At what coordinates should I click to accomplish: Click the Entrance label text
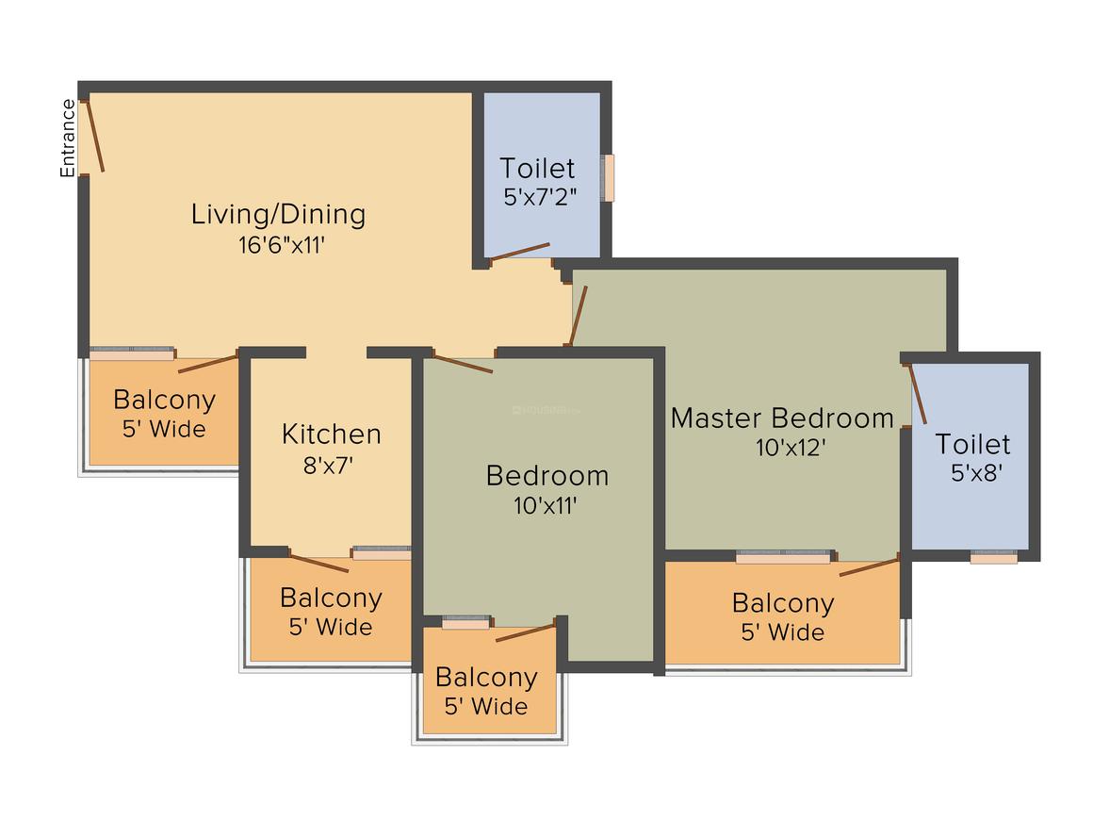[68, 139]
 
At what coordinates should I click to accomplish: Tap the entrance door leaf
[95, 136]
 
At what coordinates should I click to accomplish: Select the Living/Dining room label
[278, 214]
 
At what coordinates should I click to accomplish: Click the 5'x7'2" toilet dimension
[540, 197]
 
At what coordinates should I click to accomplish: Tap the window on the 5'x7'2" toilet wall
[609, 177]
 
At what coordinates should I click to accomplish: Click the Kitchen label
[332, 435]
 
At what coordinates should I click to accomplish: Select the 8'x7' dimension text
[331, 464]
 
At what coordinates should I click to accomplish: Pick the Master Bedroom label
[782, 418]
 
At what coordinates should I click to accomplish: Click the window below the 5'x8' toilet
[994, 558]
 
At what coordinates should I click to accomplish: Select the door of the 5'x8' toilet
[918, 394]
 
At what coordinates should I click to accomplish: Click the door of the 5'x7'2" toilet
[520, 252]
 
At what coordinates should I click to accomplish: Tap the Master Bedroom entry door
[578, 316]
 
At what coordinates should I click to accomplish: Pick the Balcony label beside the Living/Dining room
[164, 400]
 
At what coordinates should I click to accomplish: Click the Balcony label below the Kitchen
[331, 598]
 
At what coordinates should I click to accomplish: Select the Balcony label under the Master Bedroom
[783, 603]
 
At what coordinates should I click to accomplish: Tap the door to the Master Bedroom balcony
[869, 566]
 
